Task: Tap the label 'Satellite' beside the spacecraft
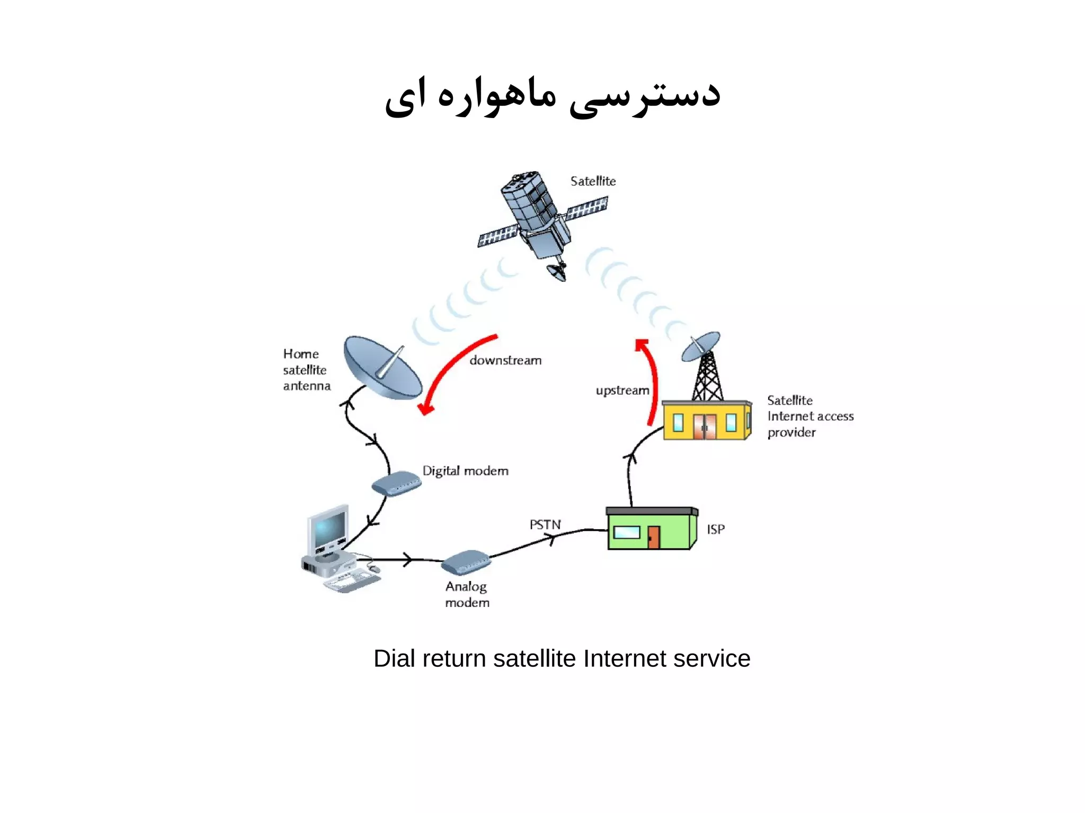[593, 181]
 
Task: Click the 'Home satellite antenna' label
[306, 370]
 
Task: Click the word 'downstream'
[505, 361]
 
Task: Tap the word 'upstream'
[622, 390]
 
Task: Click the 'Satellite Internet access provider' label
[810, 416]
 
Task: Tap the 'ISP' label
[716, 529]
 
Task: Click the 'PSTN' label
[545, 524]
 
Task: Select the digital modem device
[396, 483]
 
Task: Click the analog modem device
[466, 562]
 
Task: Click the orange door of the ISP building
[654, 537]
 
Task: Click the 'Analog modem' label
[467, 594]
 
